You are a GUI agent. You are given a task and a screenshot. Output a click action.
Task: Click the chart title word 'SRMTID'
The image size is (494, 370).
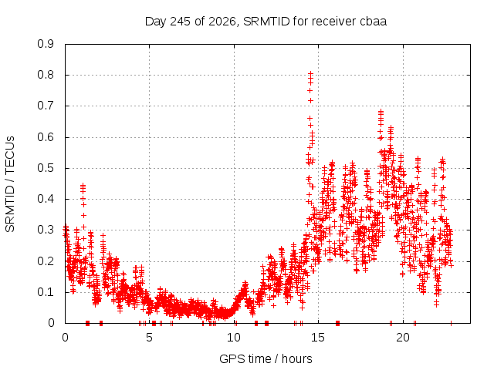point(266,22)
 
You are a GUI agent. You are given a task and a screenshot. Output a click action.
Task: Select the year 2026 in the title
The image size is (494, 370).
point(222,22)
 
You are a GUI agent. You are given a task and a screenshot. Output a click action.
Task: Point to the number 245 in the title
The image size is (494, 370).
point(180,22)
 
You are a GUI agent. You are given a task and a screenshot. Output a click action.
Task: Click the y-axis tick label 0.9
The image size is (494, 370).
point(46,44)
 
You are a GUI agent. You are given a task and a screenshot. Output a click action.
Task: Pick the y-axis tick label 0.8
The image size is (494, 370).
point(46,75)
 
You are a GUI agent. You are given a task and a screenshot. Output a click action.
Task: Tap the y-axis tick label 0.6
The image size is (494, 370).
point(46,137)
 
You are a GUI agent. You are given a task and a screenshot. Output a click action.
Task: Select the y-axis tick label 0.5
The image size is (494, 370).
point(46,168)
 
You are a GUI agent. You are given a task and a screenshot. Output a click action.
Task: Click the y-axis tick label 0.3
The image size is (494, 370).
point(46,230)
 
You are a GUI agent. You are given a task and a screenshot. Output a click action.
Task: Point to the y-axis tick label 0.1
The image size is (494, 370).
point(46,292)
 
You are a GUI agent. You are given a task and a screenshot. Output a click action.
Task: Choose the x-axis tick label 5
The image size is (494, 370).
point(149,338)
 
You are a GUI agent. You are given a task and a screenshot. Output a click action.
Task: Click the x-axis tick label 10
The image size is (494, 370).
point(234,338)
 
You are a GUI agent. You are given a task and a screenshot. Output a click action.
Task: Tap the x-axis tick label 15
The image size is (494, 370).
point(318,338)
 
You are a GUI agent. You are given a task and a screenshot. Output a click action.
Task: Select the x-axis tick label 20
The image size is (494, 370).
point(403,338)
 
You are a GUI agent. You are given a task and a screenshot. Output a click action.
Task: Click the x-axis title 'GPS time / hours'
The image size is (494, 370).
point(266,358)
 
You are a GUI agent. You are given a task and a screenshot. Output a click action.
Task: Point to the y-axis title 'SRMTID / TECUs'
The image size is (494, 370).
point(10,184)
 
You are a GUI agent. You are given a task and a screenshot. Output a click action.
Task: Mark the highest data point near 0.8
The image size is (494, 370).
point(310,74)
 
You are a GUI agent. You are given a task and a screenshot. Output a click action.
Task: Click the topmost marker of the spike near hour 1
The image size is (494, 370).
point(83,186)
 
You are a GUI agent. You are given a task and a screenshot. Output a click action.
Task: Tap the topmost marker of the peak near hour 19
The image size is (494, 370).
point(381,112)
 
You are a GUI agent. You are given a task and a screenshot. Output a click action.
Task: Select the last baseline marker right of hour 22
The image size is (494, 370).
point(451,323)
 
